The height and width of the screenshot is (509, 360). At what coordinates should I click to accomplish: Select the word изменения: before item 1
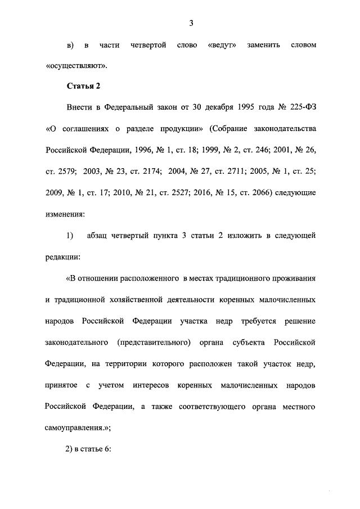tap(65, 214)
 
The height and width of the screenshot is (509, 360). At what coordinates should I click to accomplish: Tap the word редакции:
tap(63, 256)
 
